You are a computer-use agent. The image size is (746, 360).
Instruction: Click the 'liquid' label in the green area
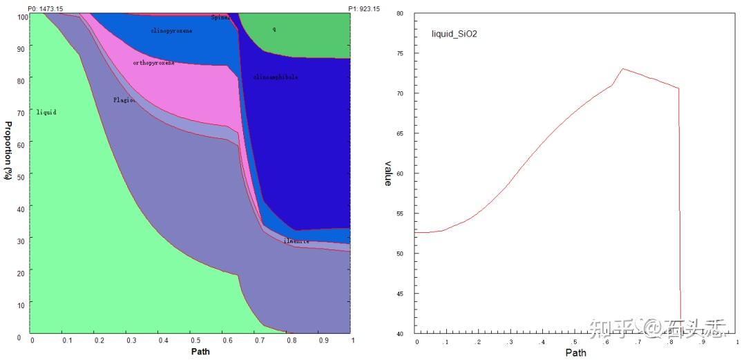click(46, 112)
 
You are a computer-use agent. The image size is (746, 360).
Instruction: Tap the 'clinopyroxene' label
click(171, 30)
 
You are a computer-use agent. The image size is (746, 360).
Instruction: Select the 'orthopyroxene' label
click(153, 63)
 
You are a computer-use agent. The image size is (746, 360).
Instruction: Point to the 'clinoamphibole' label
click(276, 77)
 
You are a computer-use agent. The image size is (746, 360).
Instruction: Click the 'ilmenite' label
click(296, 241)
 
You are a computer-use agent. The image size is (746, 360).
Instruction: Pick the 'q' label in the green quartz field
click(274, 29)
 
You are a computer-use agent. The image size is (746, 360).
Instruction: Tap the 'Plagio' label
click(124, 100)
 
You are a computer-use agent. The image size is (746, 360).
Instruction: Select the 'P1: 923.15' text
click(363, 8)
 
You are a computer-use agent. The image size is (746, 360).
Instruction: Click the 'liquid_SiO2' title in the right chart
click(454, 33)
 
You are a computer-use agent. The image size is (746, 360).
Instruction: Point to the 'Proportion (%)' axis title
click(9, 151)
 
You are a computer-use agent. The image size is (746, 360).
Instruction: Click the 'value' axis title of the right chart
click(388, 173)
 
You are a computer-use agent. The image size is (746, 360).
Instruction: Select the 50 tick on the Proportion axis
click(21, 176)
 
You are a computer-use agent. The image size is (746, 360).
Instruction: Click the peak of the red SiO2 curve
click(622, 68)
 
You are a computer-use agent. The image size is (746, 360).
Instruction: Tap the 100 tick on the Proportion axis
click(20, 17)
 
